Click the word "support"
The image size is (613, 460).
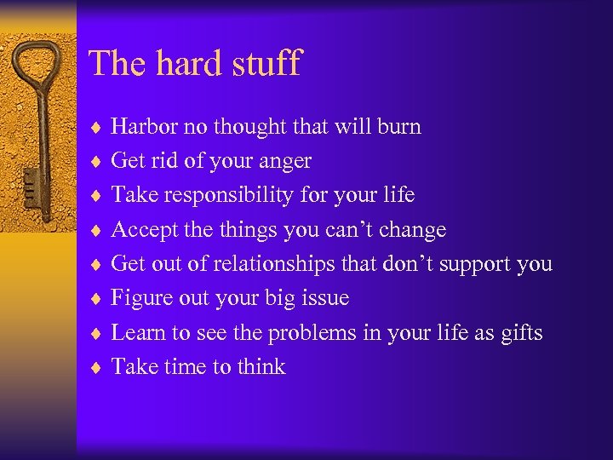pyautogui.click(x=468, y=264)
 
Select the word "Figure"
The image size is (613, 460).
pyautogui.click(x=140, y=298)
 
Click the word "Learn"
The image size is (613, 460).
pyautogui.click(x=137, y=333)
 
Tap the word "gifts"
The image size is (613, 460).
pyautogui.click(x=520, y=333)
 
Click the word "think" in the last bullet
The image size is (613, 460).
pyautogui.click(x=261, y=367)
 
